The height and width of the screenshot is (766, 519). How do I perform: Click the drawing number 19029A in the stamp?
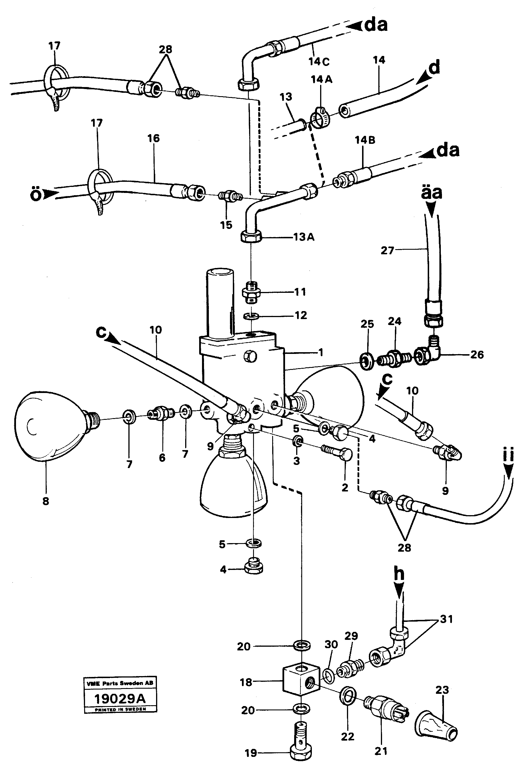click(120, 698)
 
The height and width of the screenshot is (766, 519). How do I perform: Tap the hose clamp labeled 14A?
click(319, 118)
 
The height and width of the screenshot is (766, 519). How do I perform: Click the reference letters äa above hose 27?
click(431, 193)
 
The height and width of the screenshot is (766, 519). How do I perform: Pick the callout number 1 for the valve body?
click(321, 352)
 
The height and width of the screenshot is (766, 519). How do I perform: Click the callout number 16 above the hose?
click(154, 138)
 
